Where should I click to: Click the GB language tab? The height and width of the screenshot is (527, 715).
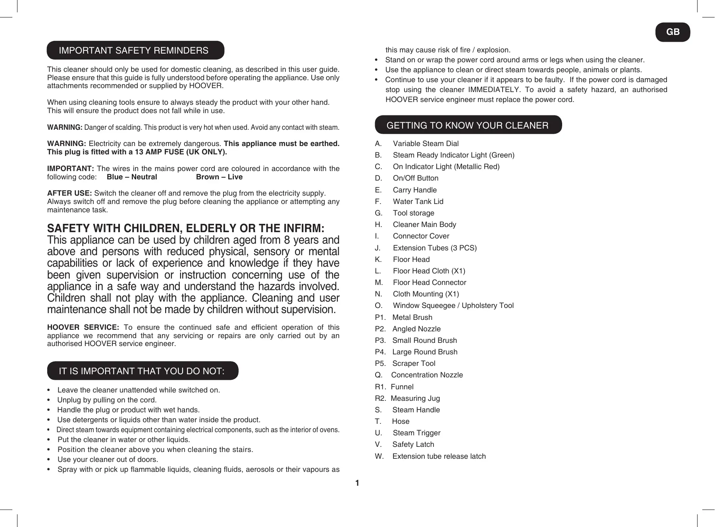pos(673,32)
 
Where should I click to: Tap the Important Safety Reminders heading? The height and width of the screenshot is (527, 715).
pos(134,50)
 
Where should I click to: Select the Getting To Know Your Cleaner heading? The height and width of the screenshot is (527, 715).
pos(467,125)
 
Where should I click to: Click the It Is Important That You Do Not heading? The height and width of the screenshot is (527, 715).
pos(142,371)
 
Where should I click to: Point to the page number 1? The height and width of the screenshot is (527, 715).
pos(357,483)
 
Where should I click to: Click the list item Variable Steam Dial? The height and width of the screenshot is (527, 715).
pos(425,144)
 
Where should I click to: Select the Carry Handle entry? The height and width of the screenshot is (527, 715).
pos(414,190)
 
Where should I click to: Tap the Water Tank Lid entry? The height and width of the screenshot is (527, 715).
pos(418,202)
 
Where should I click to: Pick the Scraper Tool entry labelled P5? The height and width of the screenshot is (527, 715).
pos(413,364)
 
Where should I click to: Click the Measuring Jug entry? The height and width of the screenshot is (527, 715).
pos(415,398)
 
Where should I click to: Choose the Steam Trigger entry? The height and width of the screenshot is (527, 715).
pos(416,433)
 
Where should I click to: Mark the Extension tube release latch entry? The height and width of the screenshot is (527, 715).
pos(439,456)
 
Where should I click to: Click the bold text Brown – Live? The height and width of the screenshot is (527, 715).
pos(219,177)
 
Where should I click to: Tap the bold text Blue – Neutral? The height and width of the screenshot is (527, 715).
pos(132,177)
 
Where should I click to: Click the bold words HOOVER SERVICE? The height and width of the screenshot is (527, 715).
pos(83,327)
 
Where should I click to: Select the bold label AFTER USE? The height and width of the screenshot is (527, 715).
pos(69,193)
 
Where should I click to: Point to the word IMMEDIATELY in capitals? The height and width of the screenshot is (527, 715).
pos(494,90)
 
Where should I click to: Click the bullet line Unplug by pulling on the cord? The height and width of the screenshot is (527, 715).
pos(107,400)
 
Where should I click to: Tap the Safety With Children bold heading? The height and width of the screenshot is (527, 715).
pos(186,229)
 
